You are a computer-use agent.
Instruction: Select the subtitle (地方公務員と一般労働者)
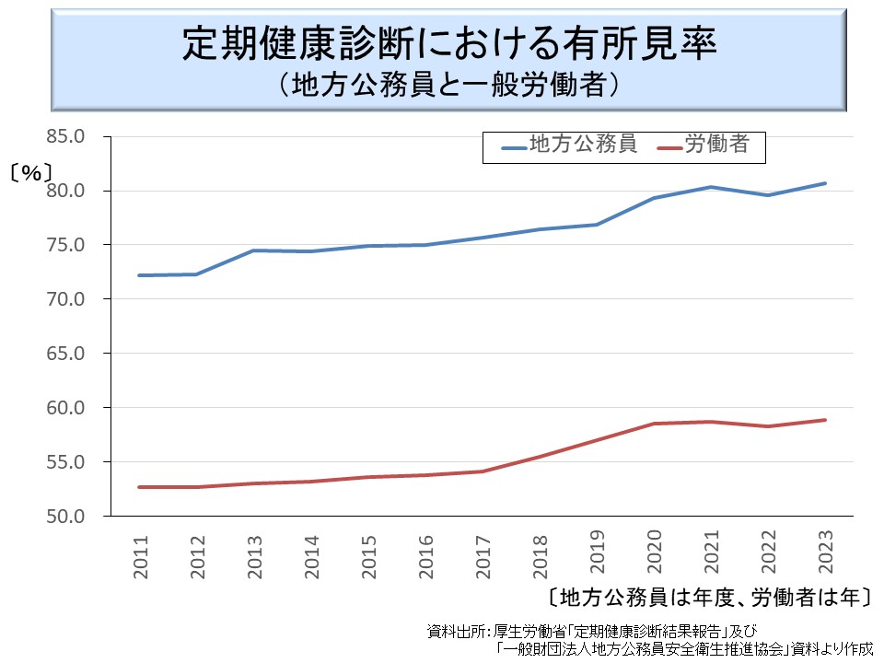(x=448, y=86)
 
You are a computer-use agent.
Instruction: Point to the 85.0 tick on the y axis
(x=65, y=136)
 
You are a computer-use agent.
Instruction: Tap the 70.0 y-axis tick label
(x=65, y=299)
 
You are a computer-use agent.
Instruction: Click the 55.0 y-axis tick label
(x=65, y=462)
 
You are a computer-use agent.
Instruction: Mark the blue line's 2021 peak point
(x=710, y=187)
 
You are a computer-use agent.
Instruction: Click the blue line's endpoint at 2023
(x=825, y=183)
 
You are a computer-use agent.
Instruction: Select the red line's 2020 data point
(x=654, y=424)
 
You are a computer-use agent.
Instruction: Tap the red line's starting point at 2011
(x=140, y=487)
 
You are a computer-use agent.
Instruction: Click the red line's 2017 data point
(x=483, y=471)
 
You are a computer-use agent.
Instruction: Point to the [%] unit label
(x=31, y=172)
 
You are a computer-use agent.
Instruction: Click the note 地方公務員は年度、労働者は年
(x=708, y=596)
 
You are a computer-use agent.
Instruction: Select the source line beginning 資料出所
(x=590, y=632)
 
